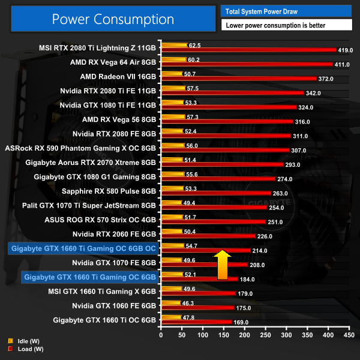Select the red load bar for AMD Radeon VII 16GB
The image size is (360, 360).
[238, 79]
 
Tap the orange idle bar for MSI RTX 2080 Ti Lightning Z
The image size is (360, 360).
[173, 45]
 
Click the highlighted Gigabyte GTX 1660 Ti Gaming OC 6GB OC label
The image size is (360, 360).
[83, 248]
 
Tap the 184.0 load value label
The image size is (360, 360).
[247, 279]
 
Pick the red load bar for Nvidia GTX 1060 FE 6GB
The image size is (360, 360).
[197, 308]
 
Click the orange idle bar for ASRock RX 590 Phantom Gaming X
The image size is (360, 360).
[172, 146]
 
